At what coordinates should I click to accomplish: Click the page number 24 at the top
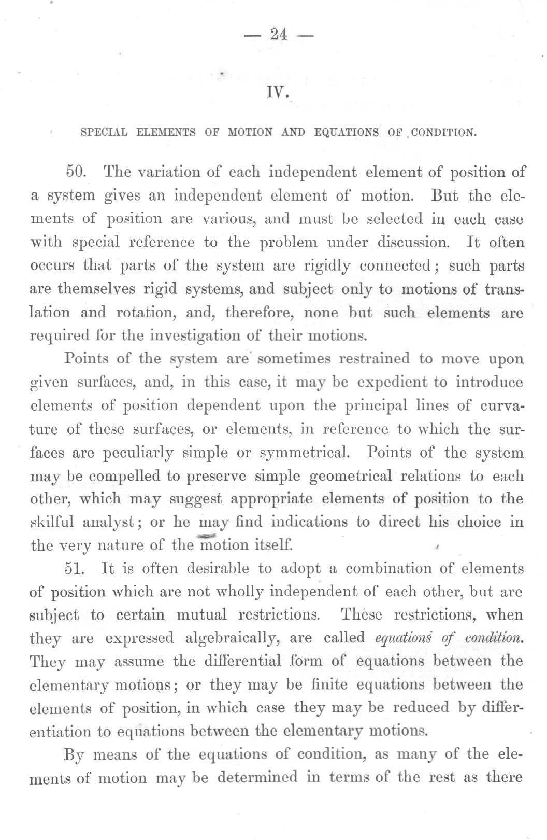click(x=278, y=35)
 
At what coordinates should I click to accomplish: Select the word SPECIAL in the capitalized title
click(x=104, y=132)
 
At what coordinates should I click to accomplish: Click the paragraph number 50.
click(x=77, y=172)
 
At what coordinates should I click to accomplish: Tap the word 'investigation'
click(x=192, y=335)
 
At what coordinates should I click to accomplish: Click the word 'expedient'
click(x=395, y=383)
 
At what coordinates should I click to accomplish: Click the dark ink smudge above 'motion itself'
click(x=205, y=535)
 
